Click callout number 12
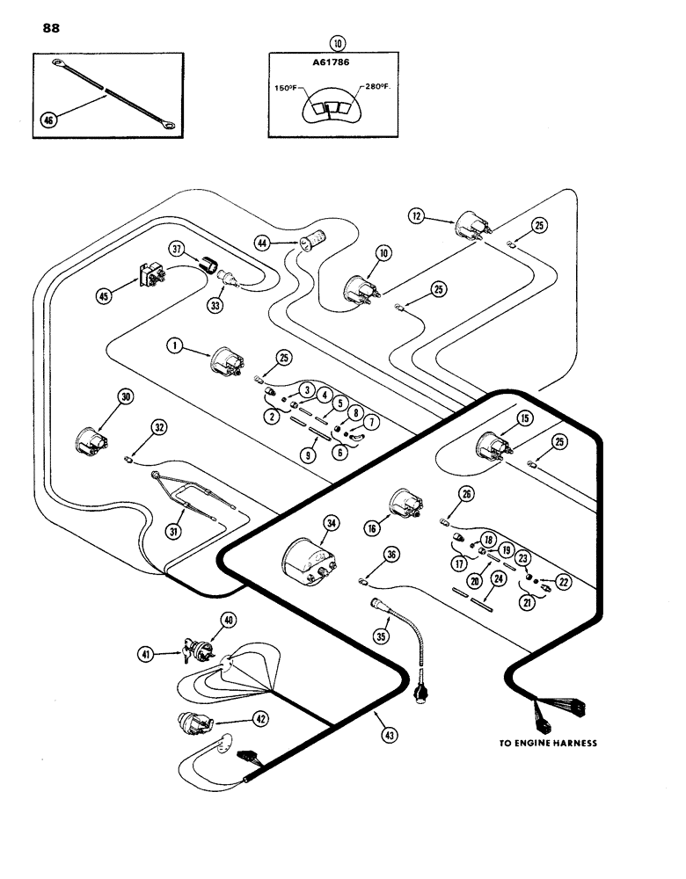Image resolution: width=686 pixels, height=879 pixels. pos(417,214)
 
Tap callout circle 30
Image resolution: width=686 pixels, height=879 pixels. pos(126,397)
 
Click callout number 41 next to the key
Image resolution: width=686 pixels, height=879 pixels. pos(167,653)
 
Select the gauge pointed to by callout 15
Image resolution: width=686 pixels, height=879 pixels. pos(492,447)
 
